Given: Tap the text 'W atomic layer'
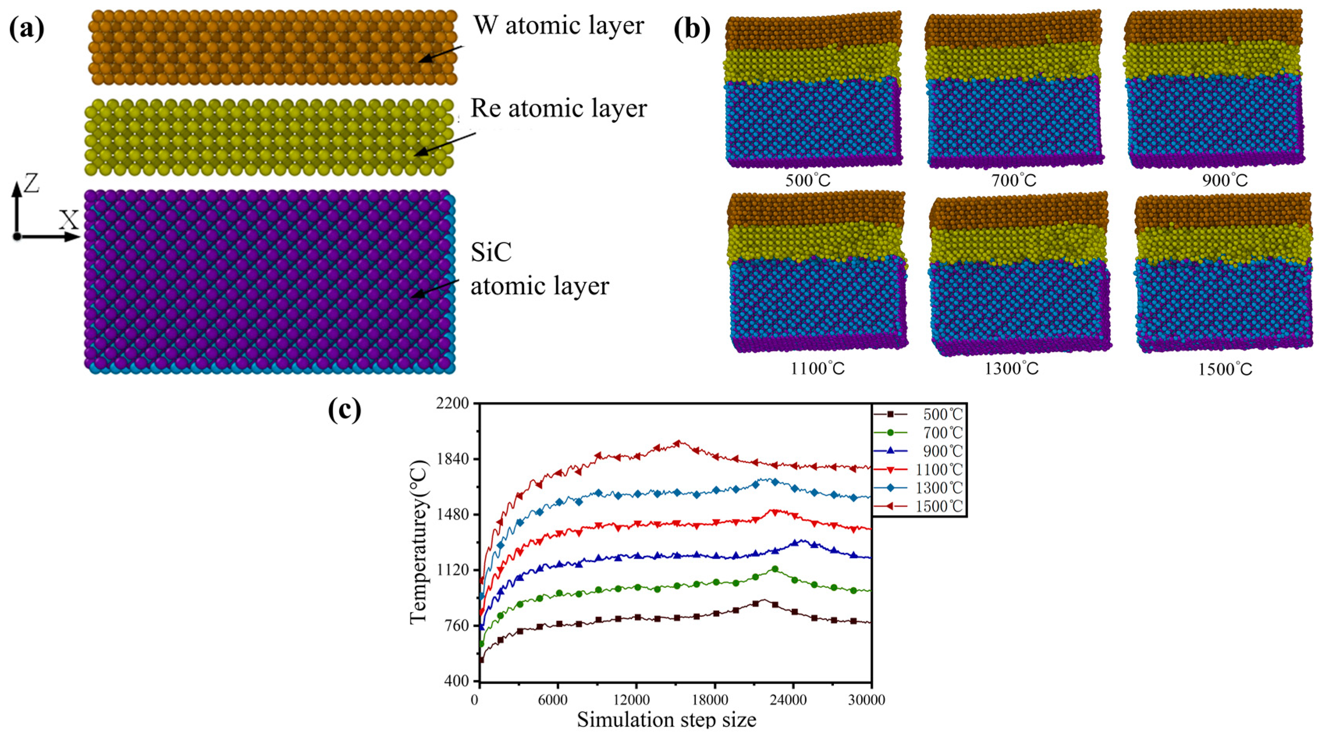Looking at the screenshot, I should coord(559,26).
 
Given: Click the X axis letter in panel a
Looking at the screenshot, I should coord(68,220).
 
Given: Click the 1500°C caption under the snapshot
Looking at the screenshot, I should coord(1225,369).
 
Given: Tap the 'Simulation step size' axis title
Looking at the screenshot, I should coord(666,719).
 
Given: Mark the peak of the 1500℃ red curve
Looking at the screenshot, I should coord(678,443).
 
